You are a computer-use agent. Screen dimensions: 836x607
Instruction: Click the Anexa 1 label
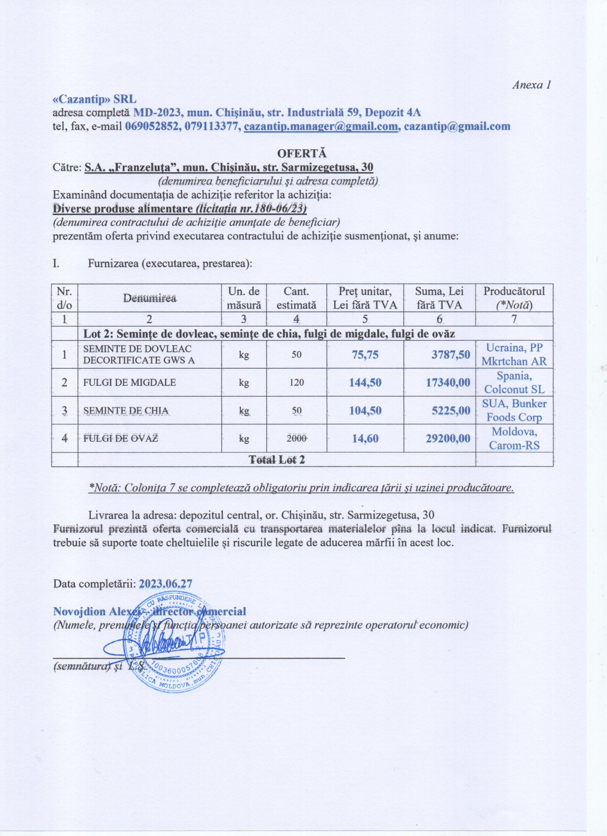(x=531, y=85)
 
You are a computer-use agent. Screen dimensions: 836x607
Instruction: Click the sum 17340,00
(x=448, y=382)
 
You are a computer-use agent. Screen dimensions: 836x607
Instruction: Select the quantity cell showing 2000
(x=296, y=438)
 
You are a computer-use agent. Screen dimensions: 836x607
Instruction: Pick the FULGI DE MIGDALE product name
(x=130, y=382)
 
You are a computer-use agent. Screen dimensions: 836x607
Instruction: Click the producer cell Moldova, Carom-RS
(x=514, y=438)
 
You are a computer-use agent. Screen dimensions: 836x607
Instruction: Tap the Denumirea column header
(x=150, y=298)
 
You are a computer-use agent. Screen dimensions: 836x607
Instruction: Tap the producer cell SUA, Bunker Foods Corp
(x=514, y=410)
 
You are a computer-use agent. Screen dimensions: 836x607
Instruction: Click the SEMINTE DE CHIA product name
(x=126, y=410)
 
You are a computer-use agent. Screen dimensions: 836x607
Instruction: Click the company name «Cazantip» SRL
(x=95, y=99)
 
